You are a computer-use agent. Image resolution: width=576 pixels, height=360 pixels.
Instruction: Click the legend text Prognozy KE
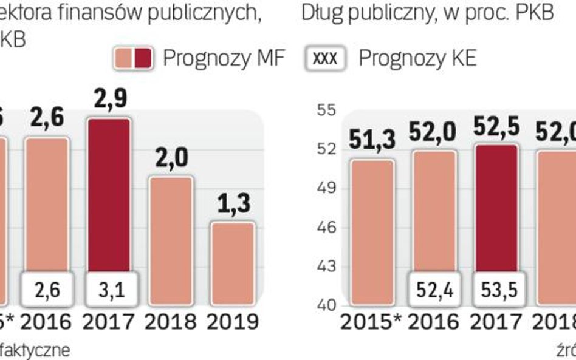tap(417, 58)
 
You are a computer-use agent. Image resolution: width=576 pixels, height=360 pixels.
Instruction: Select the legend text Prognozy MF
tap(223, 58)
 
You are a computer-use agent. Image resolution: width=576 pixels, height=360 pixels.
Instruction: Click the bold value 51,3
tap(372, 139)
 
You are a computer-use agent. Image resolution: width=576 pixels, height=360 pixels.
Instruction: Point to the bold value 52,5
tap(497, 129)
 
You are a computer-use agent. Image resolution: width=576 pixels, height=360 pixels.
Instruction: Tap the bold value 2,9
tap(106, 100)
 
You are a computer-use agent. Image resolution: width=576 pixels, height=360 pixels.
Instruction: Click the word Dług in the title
tap(322, 13)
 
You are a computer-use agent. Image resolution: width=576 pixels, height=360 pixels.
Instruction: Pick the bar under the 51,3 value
tap(372, 231)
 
